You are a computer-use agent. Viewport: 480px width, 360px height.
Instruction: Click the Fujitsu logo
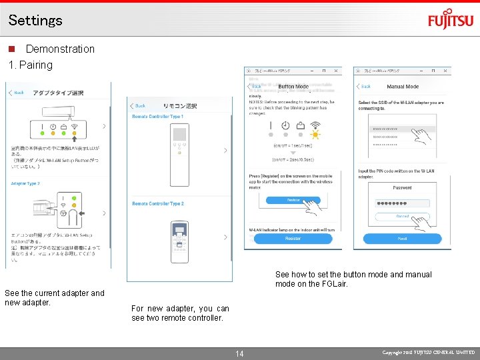click(x=450, y=20)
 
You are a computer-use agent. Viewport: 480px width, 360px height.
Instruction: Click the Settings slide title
click(x=35, y=20)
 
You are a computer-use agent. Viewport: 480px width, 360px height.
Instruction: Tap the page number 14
click(x=240, y=353)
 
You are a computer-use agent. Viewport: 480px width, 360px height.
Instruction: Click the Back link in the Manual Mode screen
click(x=364, y=86)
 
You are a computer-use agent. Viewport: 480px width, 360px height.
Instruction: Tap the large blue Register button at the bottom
click(x=293, y=239)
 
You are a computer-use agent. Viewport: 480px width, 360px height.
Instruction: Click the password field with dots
click(x=402, y=205)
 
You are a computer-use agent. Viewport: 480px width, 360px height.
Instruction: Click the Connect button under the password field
click(x=402, y=217)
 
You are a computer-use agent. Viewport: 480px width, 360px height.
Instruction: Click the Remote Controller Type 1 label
click(x=157, y=117)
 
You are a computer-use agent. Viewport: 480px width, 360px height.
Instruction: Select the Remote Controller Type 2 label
click(x=157, y=204)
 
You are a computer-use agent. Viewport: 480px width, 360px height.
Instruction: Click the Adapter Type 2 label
click(x=25, y=183)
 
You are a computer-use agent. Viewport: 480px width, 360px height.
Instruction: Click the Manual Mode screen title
click(x=403, y=87)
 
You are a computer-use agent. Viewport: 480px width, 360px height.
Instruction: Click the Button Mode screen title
click(x=293, y=87)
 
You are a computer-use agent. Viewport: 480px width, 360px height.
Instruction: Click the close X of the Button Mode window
click(x=335, y=70)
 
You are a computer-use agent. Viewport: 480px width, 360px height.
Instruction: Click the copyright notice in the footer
click(x=429, y=352)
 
